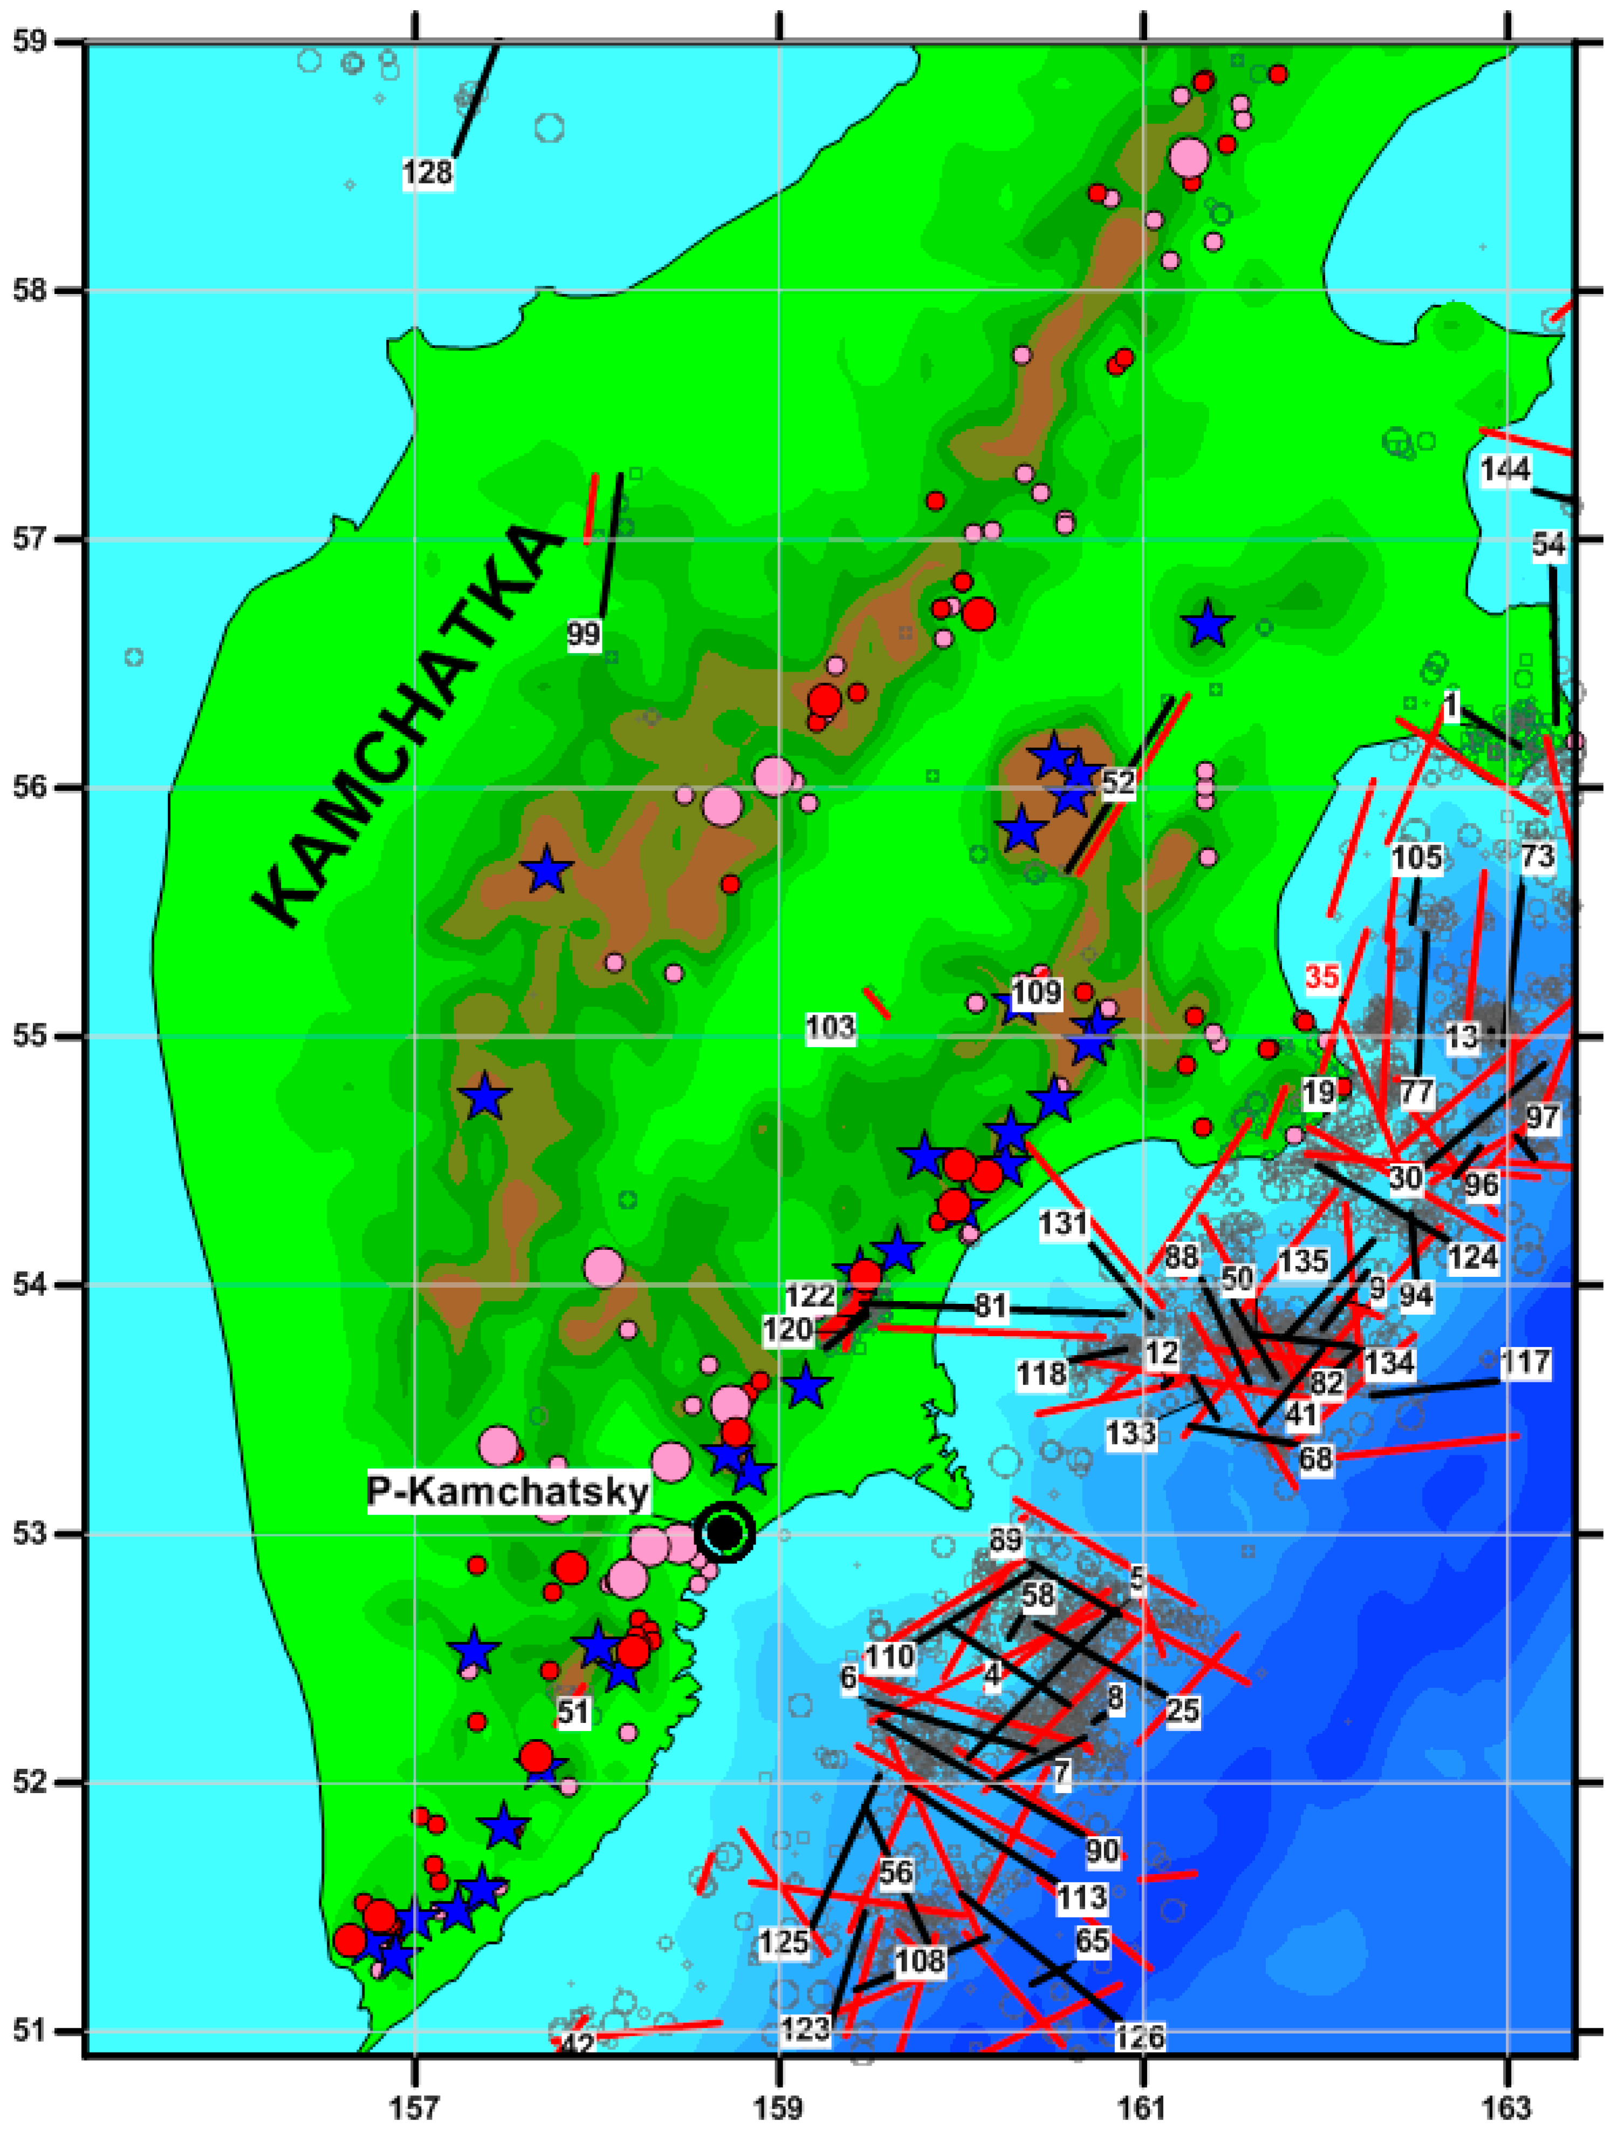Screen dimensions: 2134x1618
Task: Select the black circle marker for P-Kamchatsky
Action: (724, 1531)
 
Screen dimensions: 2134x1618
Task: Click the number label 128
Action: (427, 174)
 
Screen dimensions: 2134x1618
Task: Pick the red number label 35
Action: (1322, 978)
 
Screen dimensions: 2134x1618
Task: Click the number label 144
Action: (1505, 470)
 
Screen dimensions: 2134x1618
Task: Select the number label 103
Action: (831, 1028)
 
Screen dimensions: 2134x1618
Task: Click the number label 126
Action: (1140, 2036)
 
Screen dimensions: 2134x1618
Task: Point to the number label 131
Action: (1063, 1225)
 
